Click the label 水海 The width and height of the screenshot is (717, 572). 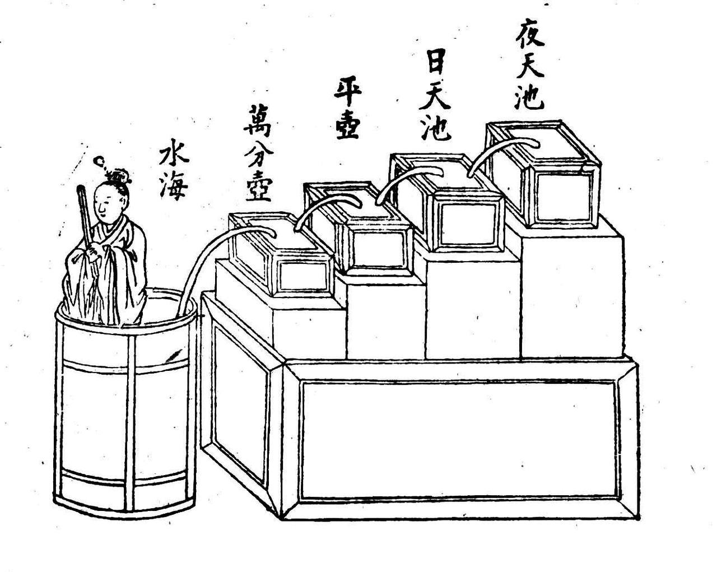pyautogui.click(x=173, y=170)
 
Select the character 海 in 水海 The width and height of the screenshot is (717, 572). pyautogui.click(x=173, y=187)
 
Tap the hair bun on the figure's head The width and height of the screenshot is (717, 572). pyautogui.click(x=119, y=176)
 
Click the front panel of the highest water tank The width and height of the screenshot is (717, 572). pyautogui.click(x=560, y=197)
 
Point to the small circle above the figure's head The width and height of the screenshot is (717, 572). pyautogui.click(x=99, y=162)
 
